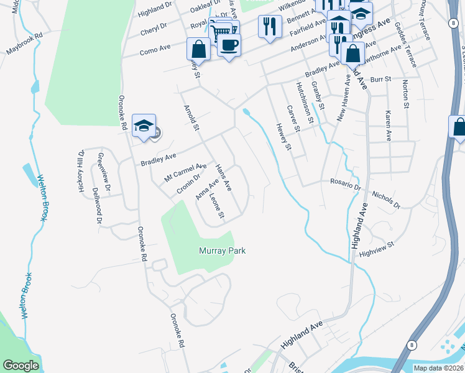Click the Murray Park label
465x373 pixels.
click(x=223, y=251)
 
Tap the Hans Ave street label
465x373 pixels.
click(x=223, y=177)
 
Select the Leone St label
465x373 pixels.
click(x=216, y=207)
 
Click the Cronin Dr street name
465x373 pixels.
click(x=188, y=185)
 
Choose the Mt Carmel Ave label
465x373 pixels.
click(x=185, y=171)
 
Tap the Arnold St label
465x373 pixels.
click(x=190, y=119)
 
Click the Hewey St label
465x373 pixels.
click(x=284, y=136)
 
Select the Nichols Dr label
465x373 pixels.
click(x=386, y=198)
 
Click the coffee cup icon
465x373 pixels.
click(x=229, y=45)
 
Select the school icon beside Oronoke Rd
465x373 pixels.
click(x=144, y=126)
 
